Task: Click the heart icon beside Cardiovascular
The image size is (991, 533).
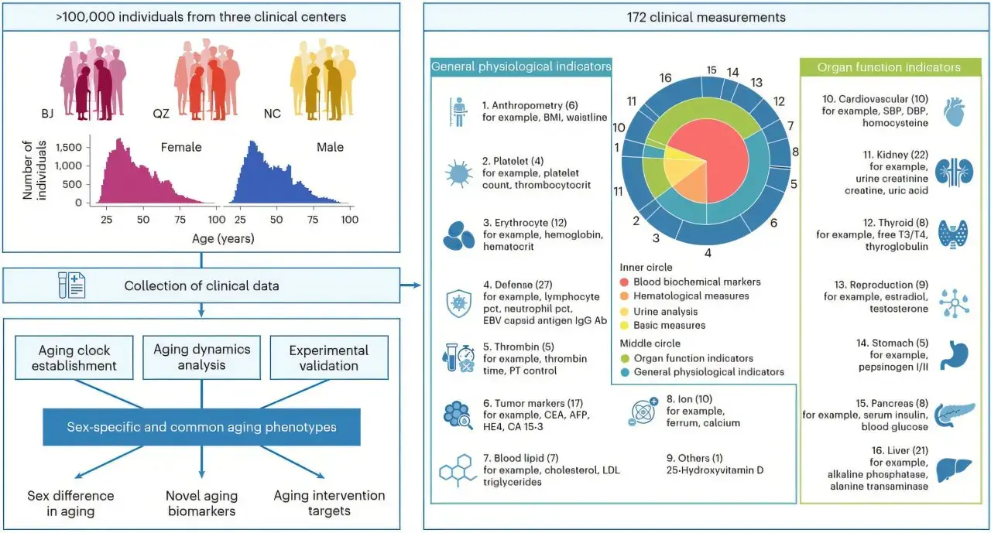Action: (954, 112)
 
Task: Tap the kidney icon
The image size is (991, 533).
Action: (955, 172)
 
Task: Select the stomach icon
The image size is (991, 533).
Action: (955, 354)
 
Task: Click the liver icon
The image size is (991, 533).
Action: (955, 470)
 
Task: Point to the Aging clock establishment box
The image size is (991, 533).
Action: (74, 357)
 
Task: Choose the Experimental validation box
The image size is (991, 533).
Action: (329, 357)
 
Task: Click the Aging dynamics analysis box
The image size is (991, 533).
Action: (202, 357)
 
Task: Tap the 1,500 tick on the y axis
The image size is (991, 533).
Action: (69, 147)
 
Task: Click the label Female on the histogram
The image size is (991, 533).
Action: (181, 147)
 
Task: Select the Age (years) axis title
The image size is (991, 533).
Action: (223, 239)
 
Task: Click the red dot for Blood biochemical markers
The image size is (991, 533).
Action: (624, 282)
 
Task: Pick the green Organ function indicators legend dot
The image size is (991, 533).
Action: (625, 358)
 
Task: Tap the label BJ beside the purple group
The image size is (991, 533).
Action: (47, 114)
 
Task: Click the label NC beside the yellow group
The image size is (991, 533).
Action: (272, 114)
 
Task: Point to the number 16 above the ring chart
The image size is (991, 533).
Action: (665, 78)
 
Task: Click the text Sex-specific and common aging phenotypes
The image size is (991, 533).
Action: (202, 427)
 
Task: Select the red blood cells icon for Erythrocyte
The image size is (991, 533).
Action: (458, 236)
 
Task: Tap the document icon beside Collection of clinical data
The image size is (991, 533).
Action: (72, 285)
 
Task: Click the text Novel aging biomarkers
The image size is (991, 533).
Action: (202, 504)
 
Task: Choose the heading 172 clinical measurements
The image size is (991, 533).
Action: (706, 17)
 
